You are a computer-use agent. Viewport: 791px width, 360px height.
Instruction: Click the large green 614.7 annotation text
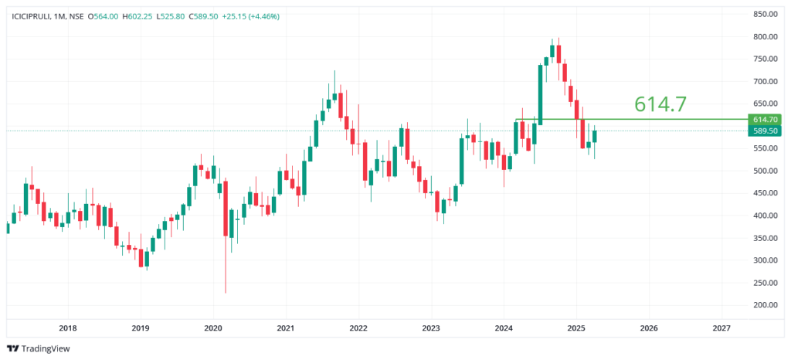[x=660, y=104]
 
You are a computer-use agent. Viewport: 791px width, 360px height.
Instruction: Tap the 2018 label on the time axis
[x=67, y=328]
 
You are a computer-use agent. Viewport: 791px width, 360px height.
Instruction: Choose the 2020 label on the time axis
[x=213, y=328]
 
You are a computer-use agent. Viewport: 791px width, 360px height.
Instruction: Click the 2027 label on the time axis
[x=721, y=328]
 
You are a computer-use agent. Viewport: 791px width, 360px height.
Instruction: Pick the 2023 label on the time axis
[x=431, y=328]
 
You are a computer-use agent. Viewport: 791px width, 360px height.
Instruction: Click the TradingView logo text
[x=42, y=348]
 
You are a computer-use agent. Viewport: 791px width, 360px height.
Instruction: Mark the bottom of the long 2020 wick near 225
[x=226, y=292]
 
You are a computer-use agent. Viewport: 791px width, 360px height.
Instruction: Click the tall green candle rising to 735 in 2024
[x=540, y=93]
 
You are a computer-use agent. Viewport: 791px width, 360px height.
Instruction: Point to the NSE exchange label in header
[x=76, y=16]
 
